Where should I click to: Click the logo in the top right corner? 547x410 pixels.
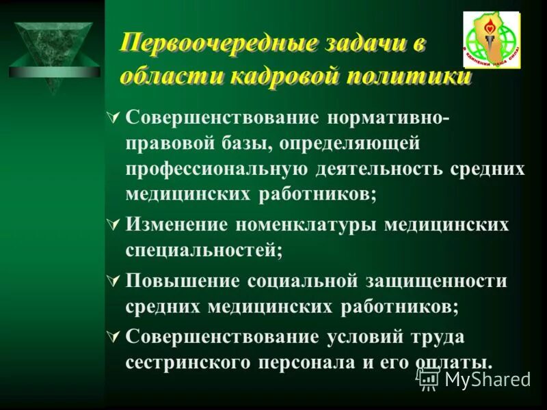click(x=491, y=40)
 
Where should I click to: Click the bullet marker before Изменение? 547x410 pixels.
click(x=114, y=224)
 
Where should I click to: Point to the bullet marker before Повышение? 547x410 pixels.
click(x=114, y=280)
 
